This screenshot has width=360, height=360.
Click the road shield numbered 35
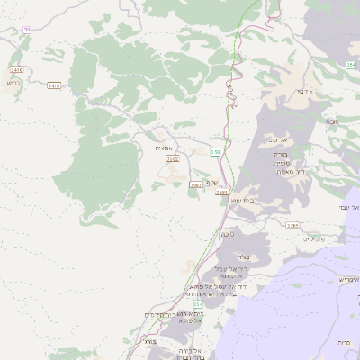(x=27, y=30)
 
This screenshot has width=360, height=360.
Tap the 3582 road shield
(x=173, y=158)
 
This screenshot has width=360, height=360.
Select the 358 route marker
(x=215, y=152)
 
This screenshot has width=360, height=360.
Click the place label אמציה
(x=163, y=148)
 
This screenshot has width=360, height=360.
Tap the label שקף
(x=212, y=183)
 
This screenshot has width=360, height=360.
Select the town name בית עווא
(x=244, y=201)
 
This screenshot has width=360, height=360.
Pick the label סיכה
(x=228, y=234)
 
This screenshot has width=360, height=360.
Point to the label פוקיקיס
(x=311, y=238)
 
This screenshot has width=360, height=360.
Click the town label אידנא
(x=302, y=91)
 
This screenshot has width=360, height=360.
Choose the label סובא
(x=332, y=120)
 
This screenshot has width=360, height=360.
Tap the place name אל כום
(x=277, y=140)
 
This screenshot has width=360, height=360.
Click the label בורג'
(x=149, y=343)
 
